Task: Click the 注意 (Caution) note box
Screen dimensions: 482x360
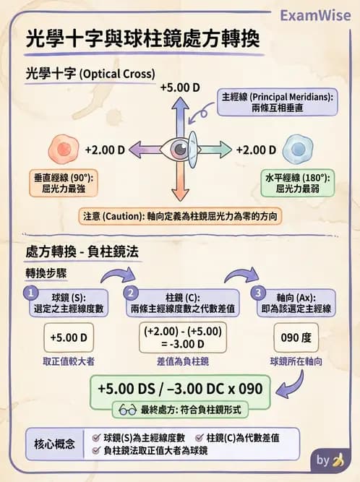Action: click(179, 216)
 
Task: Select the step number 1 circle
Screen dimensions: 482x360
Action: click(30, 293)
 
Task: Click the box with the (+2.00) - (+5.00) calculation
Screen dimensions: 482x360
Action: click(182, 337)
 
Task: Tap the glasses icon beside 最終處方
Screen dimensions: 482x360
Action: click(127, 409)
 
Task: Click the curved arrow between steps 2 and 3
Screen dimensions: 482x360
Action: click(241, 277)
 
